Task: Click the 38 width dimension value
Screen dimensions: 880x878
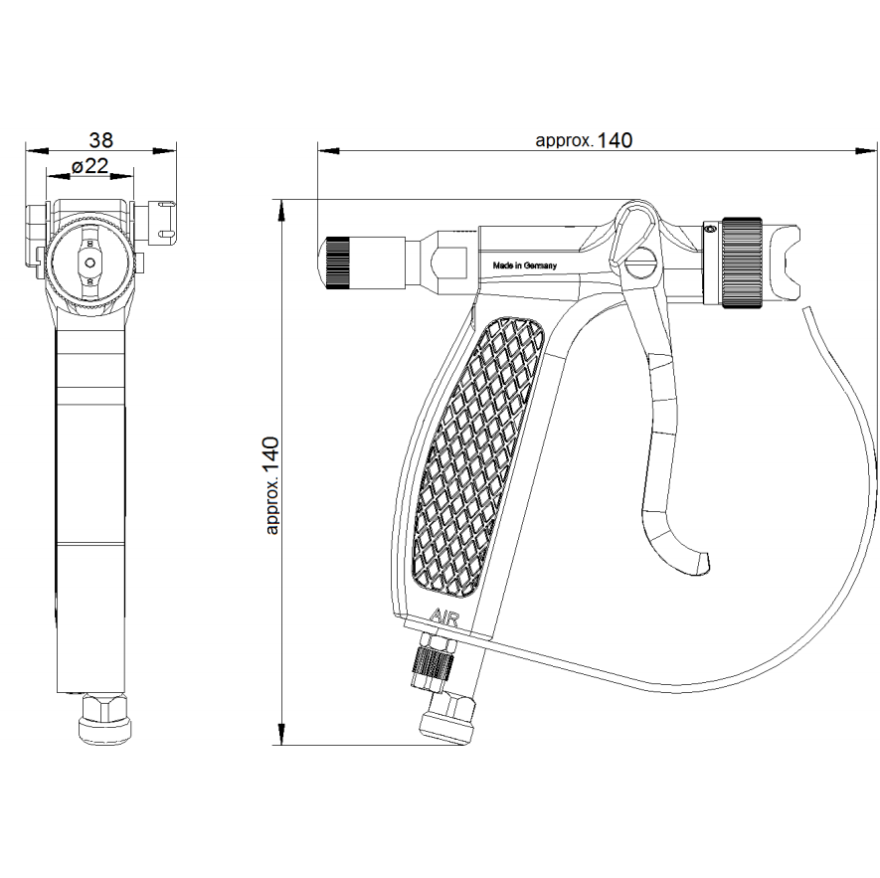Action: click(101, 139)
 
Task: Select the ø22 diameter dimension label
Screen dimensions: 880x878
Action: click(90, 166)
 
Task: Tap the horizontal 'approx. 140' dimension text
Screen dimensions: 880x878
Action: click(584, 140)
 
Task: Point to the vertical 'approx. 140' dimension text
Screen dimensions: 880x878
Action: click(271, 485)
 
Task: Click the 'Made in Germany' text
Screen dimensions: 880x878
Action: click(525, 265)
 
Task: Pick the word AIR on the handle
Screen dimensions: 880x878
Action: click(443, 618)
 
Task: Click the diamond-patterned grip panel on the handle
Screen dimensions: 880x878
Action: click(478, 455)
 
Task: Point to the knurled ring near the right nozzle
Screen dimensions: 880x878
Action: click(742, 263)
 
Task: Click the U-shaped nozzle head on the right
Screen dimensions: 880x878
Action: click(782, 263)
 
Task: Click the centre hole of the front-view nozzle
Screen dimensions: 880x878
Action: click(90, 263)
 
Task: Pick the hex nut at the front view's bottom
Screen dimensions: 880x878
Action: click(105, 720)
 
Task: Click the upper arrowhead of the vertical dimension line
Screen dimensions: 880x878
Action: click(279, 210)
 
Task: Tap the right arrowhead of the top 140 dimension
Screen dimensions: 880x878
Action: click(865, 150)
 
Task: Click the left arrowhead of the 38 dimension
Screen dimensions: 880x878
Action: click(37, 150)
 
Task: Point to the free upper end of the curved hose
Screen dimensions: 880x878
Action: click(805, 309)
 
